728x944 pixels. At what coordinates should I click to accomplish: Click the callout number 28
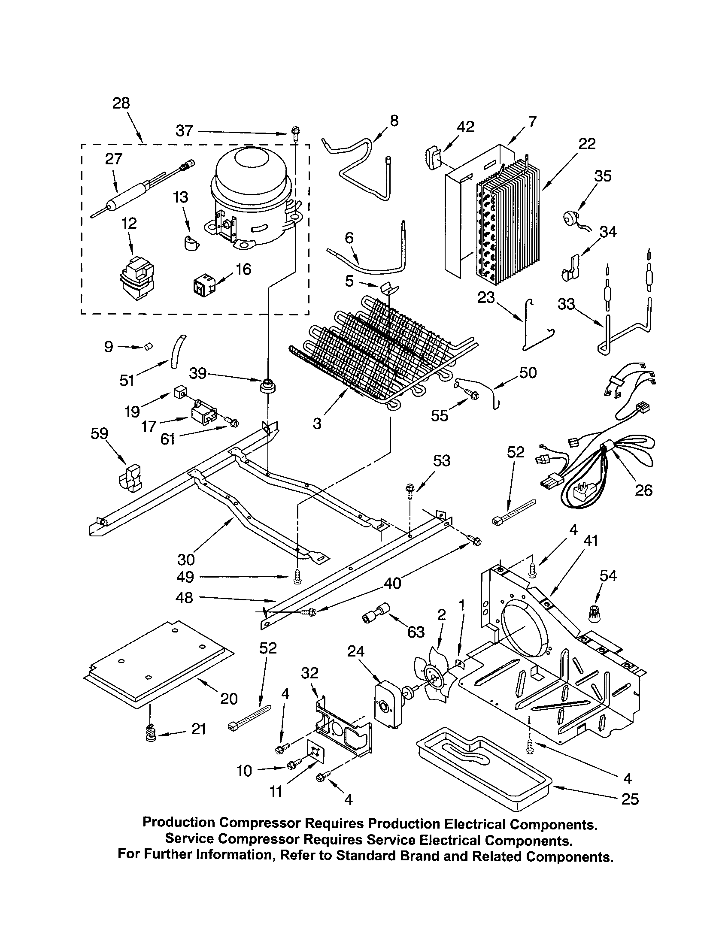click(121, 103)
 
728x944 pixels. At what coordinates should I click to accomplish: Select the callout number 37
click(185, 130)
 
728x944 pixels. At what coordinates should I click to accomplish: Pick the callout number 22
click(587, 143)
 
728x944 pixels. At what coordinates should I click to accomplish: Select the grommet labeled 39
click(268, 385)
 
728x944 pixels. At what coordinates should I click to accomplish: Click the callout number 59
click(99, 433)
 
